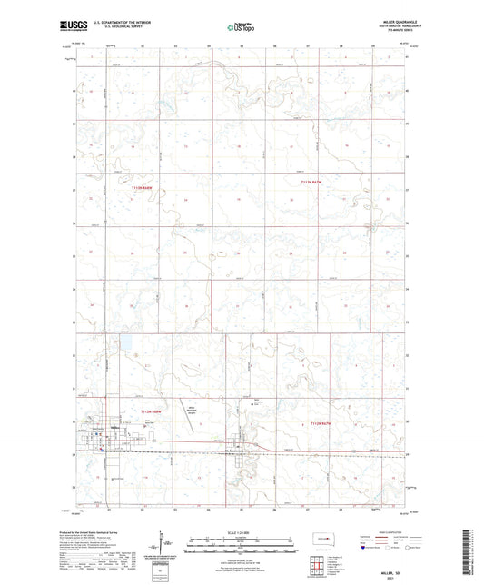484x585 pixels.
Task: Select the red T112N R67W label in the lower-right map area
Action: coord(322,422)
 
